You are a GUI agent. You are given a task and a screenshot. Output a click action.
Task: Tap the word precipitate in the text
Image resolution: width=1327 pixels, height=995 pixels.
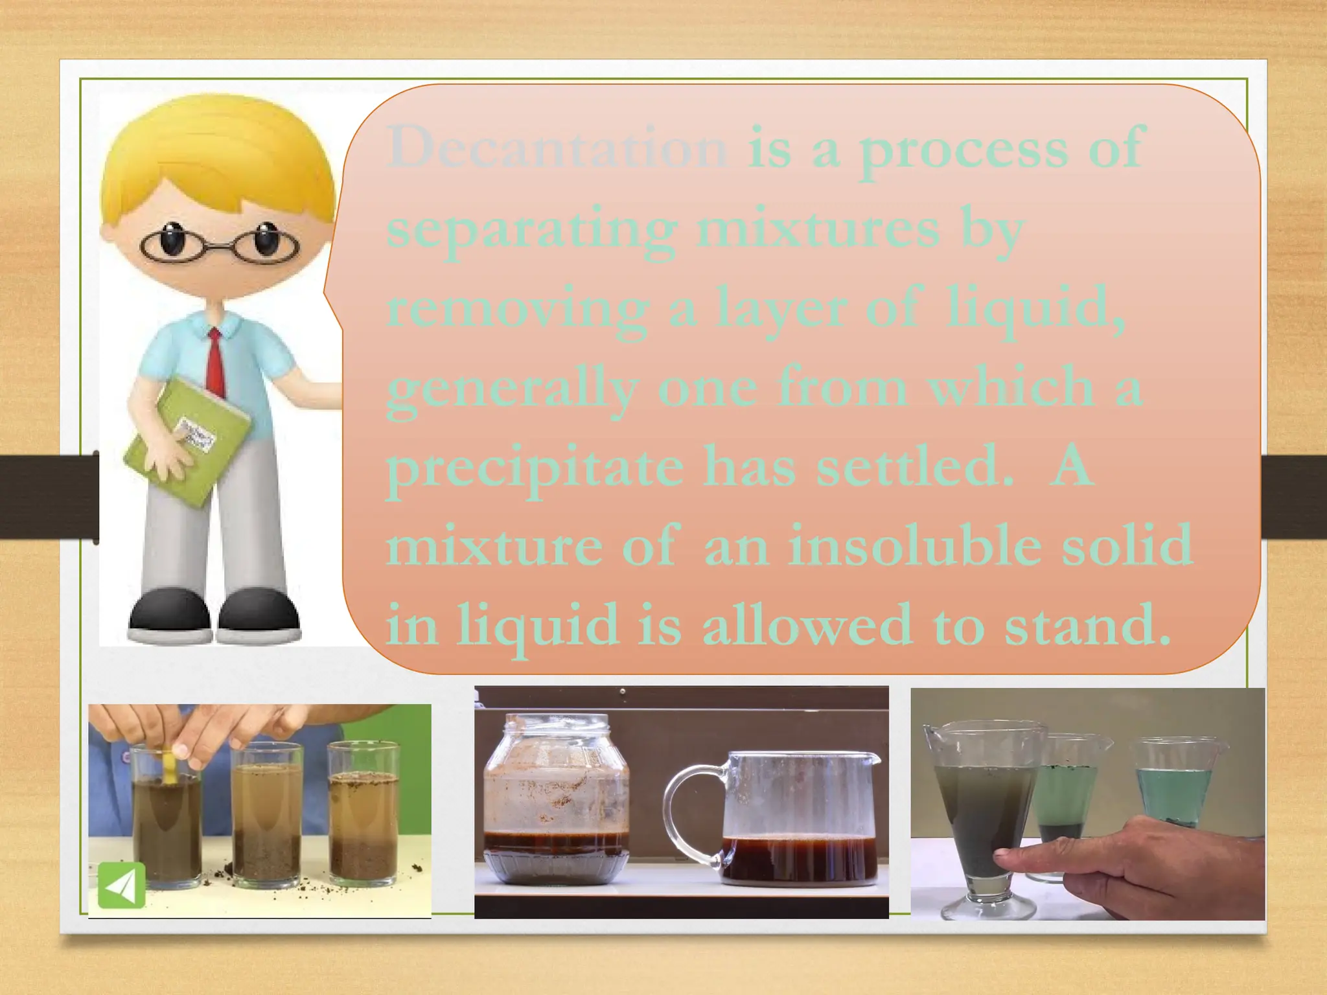[535, 468]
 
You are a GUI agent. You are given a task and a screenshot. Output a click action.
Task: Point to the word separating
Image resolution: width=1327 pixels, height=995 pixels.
[531, 230]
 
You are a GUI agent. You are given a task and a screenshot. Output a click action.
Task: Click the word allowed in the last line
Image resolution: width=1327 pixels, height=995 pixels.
[807, 625]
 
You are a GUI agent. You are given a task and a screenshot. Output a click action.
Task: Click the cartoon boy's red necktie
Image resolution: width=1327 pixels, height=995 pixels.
[216, 363]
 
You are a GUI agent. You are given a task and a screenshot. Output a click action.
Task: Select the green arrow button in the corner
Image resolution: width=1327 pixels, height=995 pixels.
[121, 885]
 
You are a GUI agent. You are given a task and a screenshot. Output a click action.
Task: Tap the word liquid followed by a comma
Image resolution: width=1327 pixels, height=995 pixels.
[1033, 309]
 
